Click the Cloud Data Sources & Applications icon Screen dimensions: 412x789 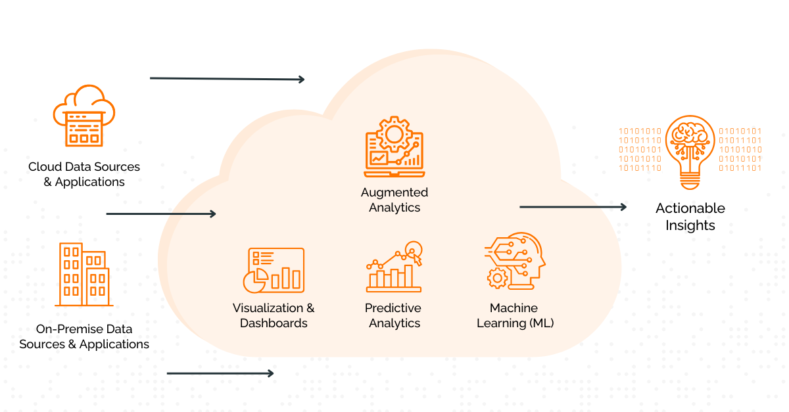pyautogui.click(x=84, y=116)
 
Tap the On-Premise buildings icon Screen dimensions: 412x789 pyautogui.click(x=84, y=275)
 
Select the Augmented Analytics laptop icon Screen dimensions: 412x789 pyautogui.click(x=394, y=147)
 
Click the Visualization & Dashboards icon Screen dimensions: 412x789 pyautogui.click(x=274, y=270)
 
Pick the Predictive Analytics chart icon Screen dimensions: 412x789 pyautogui.click(x=394, y=267)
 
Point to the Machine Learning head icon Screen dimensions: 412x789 pyautogui.click(x=515, y=261)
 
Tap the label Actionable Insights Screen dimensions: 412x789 pyautogui.click(x=690, y=217)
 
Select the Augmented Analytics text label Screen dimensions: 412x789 pyautogui.click(x=394, y=200)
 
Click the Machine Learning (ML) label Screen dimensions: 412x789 pyautogui.click(x=514, y=315)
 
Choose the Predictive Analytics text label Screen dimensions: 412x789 pyautogui.click(x=394, y=315)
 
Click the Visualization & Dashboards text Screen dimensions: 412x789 pyautogui.click(x=274, y=315)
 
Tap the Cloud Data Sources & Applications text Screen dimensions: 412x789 pyautogui.click(x=84, y=174)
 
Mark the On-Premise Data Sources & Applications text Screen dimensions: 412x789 pyautogui.click(x=84, y=336)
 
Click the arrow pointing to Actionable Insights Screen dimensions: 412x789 pyautogui.click(x=573, y=207)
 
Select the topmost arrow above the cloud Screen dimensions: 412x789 pyautogui.click(x=227, y=79)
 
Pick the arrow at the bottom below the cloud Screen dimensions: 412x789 pyautogui.click(x=220, y=373)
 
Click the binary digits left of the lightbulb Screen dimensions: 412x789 pyautogui.click(x=639, y=150)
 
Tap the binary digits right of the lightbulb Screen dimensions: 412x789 pyautogui.click(x=740, y=150)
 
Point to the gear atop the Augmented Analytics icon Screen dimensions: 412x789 pyautogui.click(x=394, y=133)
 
